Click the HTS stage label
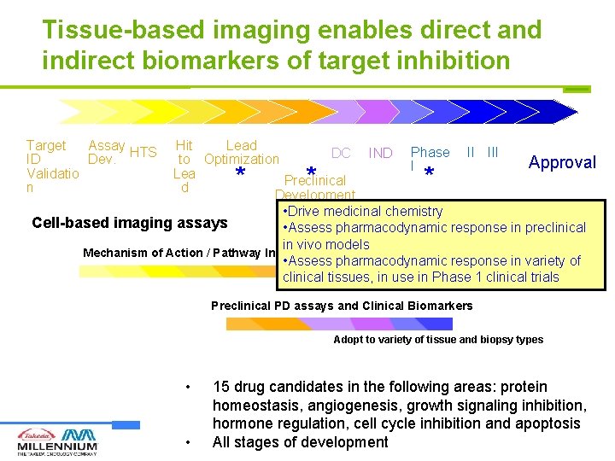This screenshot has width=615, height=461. click(x=143, y=153)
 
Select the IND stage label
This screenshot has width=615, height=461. click(x=380, y=154)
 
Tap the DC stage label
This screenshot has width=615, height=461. click(x=341, y=154)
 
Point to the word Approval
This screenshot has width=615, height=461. click(x=562, y=162)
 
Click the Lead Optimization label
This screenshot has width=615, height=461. click(x=242, y=153)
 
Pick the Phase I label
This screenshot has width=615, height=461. click(x=429, y=158)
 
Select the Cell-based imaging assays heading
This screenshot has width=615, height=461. click(x=130, y=223)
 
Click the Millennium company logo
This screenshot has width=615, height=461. click(x=57, y=441)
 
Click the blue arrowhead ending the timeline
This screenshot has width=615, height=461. click(x=565, y=112)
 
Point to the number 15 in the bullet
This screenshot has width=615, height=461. click(x=221, y=388)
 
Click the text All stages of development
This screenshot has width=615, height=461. click(x=300, y=442)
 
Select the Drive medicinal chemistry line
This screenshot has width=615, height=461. click(x=362, y=211)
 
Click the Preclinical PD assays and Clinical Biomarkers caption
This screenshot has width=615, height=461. click(x=342, y=306)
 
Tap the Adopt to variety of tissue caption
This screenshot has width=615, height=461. click(x=437, y=340)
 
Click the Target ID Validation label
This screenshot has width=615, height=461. click(x=52, y=166)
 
